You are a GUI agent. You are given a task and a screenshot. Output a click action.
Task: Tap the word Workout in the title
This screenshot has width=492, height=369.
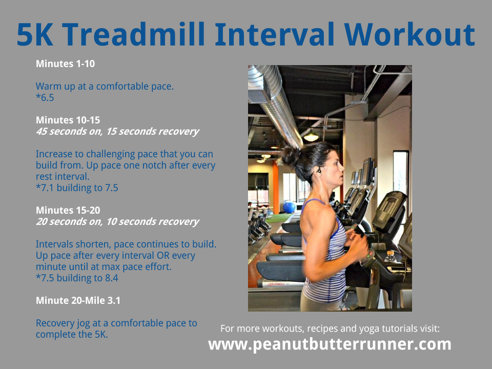[409, 34]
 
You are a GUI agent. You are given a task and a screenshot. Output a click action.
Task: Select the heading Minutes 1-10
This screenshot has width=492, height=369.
[65, 64]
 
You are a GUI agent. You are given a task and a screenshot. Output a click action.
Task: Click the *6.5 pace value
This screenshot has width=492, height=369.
[45, 97]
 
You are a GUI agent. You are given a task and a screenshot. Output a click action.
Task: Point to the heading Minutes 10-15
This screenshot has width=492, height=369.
[68, 120]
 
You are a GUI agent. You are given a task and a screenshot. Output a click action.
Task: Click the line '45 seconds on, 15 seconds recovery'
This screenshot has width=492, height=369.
[117, 131]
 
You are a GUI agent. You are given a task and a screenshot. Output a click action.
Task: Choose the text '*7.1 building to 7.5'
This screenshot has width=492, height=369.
[77, 188]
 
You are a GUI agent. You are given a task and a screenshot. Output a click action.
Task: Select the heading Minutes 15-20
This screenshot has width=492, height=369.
[68, 210]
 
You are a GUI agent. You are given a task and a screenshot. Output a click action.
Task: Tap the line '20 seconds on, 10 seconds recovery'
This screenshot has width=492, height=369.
[117, 221]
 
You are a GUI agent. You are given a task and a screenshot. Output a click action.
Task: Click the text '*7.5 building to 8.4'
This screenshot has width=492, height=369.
[77, 278]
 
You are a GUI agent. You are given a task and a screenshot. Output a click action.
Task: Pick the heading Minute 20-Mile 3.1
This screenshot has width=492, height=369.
[78, 301]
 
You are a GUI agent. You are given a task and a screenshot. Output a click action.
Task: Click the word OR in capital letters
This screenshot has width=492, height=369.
[163, 255]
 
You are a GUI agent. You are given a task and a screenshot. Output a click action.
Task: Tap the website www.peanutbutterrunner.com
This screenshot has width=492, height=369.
[330, 344]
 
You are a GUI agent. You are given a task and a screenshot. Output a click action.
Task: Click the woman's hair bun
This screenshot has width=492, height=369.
[292, 156]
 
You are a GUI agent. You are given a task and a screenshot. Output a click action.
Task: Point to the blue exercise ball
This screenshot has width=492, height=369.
[289, 207]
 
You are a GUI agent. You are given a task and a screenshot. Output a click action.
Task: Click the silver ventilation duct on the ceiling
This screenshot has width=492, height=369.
[276, 104]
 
